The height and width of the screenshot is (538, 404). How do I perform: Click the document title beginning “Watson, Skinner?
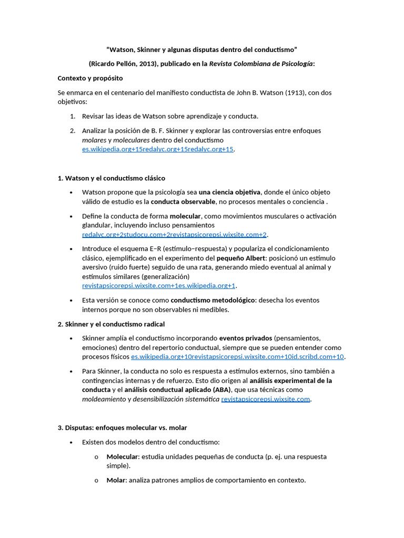coord(202,50)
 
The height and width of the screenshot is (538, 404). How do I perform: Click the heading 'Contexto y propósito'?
coord(90,78)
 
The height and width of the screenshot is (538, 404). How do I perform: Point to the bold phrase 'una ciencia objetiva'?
coord(229,192)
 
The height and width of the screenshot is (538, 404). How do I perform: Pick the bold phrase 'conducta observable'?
coord(183,201)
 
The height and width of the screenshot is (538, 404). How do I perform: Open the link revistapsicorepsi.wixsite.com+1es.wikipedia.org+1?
coord(159,286)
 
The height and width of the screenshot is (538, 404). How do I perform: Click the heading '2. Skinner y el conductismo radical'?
coord(111,324)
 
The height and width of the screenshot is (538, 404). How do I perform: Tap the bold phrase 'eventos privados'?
coord(246,338)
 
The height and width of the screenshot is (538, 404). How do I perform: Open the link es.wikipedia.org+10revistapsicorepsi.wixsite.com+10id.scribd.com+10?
coord(238,357)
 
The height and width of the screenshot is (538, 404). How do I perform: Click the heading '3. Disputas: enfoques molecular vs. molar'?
coord(122,428)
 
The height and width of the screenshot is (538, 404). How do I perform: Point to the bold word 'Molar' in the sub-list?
coord(116,480)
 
